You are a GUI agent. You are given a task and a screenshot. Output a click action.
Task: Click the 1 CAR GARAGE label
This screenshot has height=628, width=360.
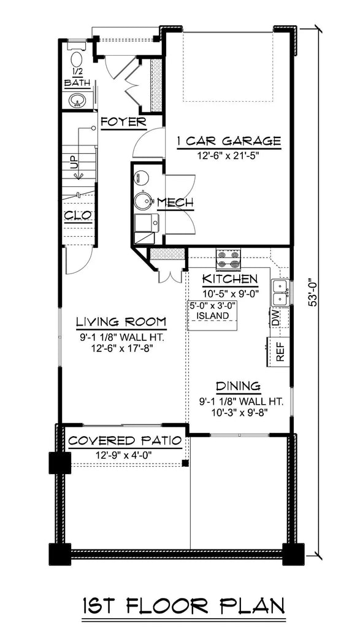[x=228, y=142]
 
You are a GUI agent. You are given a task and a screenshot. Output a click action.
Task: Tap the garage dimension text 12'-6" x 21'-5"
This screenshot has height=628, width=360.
[x=228, y=155]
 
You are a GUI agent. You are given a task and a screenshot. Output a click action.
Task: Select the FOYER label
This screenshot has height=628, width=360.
[x=123, y=121]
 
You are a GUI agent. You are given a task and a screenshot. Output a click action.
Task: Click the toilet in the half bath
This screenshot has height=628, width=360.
[x=77, y=60]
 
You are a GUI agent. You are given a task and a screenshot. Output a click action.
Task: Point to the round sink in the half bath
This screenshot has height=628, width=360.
[x=77, y=99]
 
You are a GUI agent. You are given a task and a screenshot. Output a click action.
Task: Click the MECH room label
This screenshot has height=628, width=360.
[x=175, y=202]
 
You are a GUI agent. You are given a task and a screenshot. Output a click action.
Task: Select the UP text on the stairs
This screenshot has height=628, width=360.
[x=74, y=163]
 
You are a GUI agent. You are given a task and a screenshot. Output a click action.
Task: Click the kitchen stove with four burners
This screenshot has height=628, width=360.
[x=228, y=259]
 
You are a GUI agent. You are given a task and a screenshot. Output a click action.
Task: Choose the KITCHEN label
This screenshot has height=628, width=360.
[x=230, y=280]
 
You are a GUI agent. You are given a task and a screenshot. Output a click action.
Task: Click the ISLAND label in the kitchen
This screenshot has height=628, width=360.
[x=212, y=316]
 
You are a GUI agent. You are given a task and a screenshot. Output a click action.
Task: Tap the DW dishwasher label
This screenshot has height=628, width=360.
[x=275, y=318]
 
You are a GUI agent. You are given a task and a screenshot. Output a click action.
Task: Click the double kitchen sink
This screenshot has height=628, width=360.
[x=279, y=293]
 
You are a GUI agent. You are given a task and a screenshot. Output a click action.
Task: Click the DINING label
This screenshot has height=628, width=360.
[x=238, y=387]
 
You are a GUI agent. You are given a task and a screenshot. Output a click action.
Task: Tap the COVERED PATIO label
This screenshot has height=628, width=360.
[x=124, y=441]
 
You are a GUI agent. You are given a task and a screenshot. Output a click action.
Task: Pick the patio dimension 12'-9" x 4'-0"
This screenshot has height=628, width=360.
[x=124, y=455]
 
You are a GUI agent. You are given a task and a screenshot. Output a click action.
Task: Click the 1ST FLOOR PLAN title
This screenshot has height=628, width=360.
[x=183, y=606]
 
